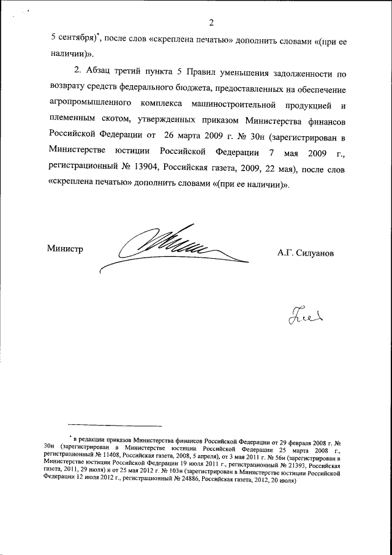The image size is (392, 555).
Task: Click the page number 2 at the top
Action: point(211,23)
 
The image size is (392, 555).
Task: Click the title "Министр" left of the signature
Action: point(65,248)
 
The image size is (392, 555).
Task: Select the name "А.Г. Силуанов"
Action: point(306,251)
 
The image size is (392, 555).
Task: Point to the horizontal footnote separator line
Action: point(115,424)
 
